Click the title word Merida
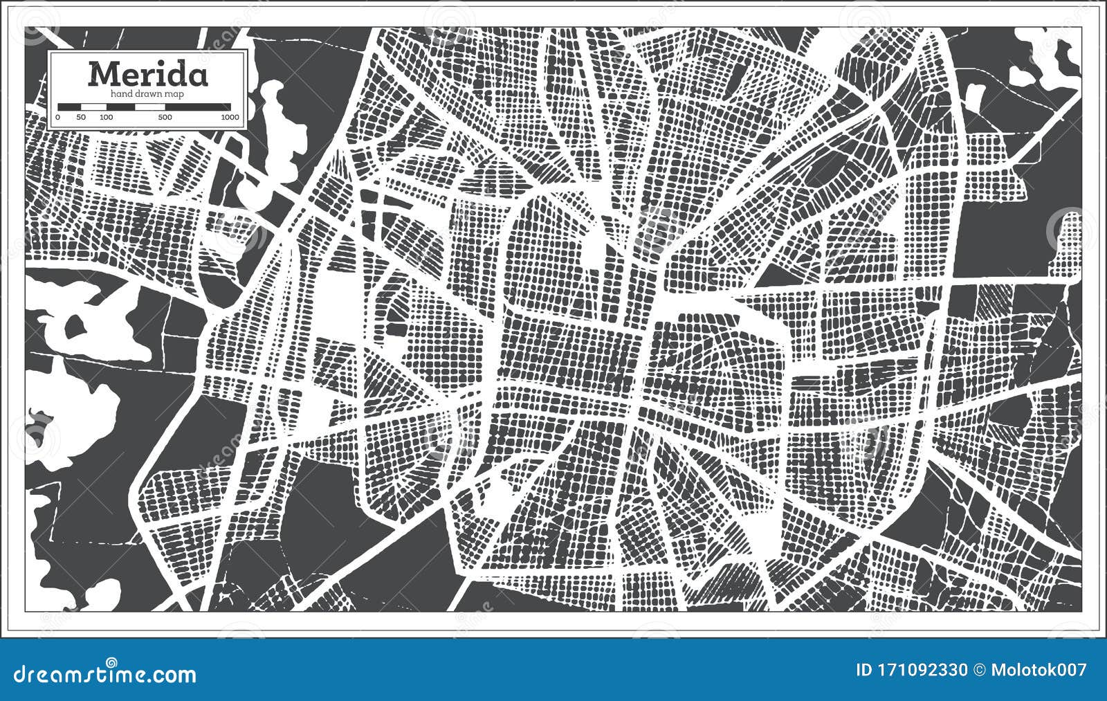pos(147,73)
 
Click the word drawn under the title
pos(149,93)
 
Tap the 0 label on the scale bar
pos(57,118)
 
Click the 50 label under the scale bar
pos(81,118)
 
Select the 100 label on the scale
pos(106,118)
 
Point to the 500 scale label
pos(165,118)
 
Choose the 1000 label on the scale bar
pos(230,118)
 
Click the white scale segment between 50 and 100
pos(93,107)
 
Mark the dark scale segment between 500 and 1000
pos(198,107)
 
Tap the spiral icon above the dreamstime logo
pos(111,663)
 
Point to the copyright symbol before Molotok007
pos(979,670)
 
